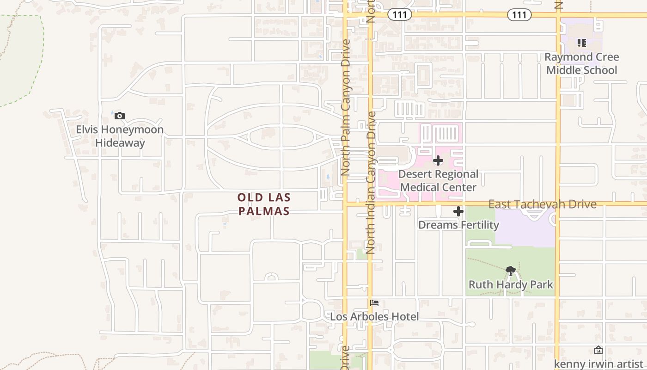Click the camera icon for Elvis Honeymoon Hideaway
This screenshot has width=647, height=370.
(120, 116)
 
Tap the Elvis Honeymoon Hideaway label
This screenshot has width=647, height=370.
(120, 136)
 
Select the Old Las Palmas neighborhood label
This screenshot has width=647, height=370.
(264, 204)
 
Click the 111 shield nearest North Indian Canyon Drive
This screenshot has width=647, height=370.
(399, 15)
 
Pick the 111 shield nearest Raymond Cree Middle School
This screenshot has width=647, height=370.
(519, 15)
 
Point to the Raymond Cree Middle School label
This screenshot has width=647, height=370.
(581, 64)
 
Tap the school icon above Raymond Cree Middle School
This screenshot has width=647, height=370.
(582, 43)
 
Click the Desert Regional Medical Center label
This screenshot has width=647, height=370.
(438, 181)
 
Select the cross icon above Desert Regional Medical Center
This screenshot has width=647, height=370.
(438, 161)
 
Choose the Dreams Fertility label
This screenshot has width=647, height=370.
(458, 225)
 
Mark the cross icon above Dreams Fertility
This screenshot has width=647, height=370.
(458, 212)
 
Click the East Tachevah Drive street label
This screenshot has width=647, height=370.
(542, 204)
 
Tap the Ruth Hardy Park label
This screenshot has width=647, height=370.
(511, 284)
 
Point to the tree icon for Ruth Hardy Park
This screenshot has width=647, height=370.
(511, 271)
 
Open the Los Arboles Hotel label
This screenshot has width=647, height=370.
(374, 317)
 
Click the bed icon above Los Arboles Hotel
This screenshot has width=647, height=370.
(374, 303)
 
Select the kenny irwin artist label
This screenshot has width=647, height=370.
(598, 364)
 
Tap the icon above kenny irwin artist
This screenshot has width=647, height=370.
(598, 350)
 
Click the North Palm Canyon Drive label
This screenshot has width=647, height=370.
(345, 107)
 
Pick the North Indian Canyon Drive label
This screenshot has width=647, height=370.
(370, 183)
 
